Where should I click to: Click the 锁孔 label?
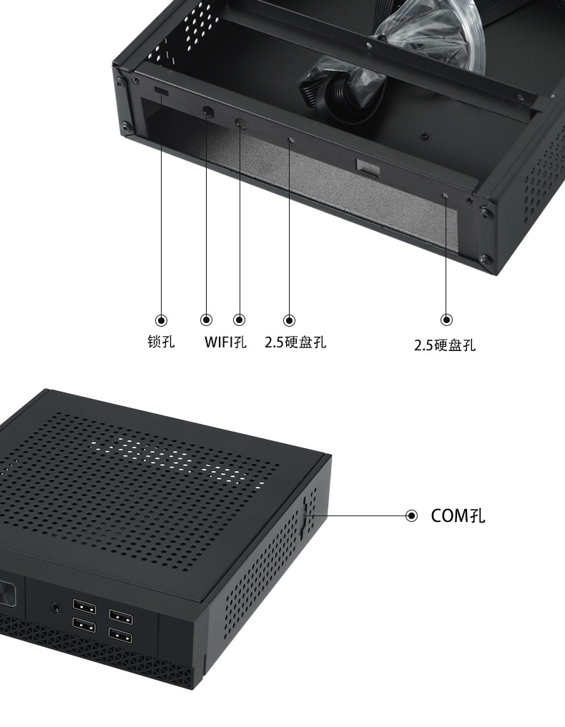click(x=161, y=342)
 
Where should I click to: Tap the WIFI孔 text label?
click(x=225, y=342)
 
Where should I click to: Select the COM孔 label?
click(x=458, y=515)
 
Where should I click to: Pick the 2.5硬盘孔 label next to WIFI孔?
click(x=295, y=342)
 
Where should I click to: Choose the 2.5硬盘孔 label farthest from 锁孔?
click(x=445, y=346)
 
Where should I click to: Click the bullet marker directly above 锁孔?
click(x=162, y=320)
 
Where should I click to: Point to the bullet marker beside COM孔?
click(x=411, y=515)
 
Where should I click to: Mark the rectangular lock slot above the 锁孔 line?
click(x=162, y=94)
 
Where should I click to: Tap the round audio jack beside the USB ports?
click(x=56, y=608)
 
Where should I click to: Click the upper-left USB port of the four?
click(x=84, y=608)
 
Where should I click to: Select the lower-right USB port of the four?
click(x=119, y=635)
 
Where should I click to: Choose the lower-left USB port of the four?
click(x=84, y=626)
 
